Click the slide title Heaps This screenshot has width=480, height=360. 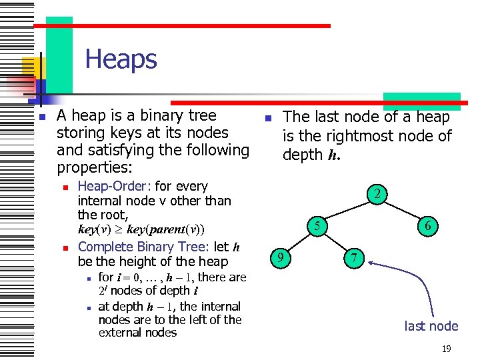click(x=121, y=59)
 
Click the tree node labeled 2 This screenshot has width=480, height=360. click(x=377, y=195)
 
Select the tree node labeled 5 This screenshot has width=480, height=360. click(x=319, y=227)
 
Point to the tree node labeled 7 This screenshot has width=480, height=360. click(x=355, y=257)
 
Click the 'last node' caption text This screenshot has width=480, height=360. click(x=431, y=326)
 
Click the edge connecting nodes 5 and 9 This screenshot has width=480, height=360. click(x=300, y=242)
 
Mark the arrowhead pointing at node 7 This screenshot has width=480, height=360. click(x=371, y=264)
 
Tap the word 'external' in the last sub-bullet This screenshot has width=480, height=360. click(x=123, y=333)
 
